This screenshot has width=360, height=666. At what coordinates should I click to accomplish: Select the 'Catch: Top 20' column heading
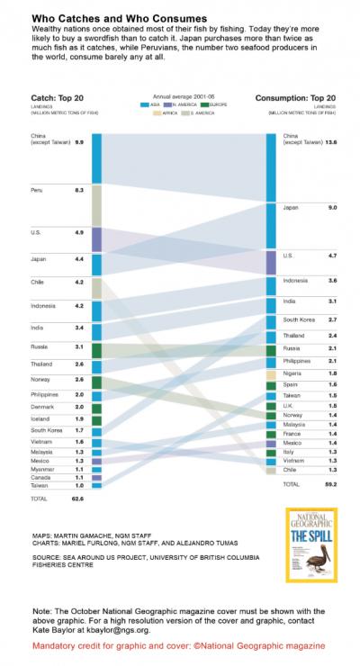point(40,96)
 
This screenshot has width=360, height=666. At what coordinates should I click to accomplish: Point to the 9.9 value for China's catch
point(79,142)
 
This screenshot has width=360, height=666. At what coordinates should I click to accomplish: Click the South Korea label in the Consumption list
point(298,319)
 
